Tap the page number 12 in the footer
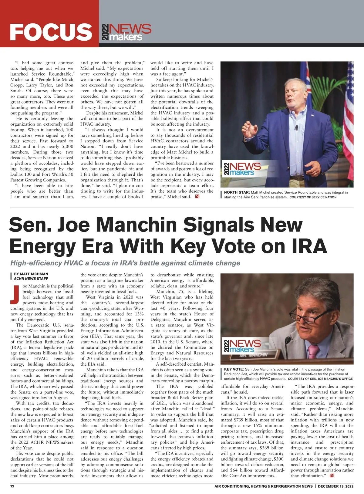click(12, 486)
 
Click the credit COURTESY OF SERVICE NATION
click(313, 197)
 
